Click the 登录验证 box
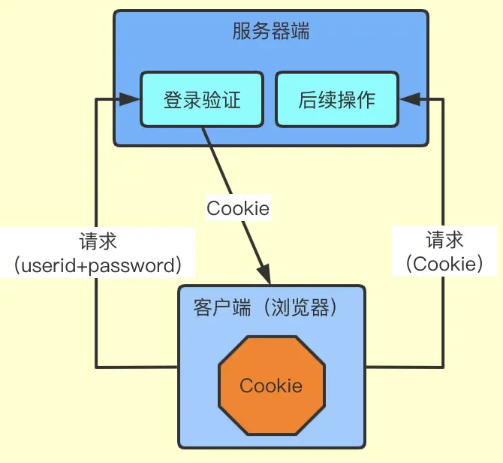click(202, 99)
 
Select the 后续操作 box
click(336, 99)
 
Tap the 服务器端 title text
click(271, 32)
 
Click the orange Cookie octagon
click(271, 386)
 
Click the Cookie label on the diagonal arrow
click(238, 208)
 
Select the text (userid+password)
click(98, 265)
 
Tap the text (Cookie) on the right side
click(445, 264)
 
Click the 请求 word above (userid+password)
click(98, 242)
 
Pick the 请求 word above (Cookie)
click(445, 241)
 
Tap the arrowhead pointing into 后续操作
click(407, 99)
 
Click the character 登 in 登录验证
click(173, 99)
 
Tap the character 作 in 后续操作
click(366, 99)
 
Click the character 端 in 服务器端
click(300, 32)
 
